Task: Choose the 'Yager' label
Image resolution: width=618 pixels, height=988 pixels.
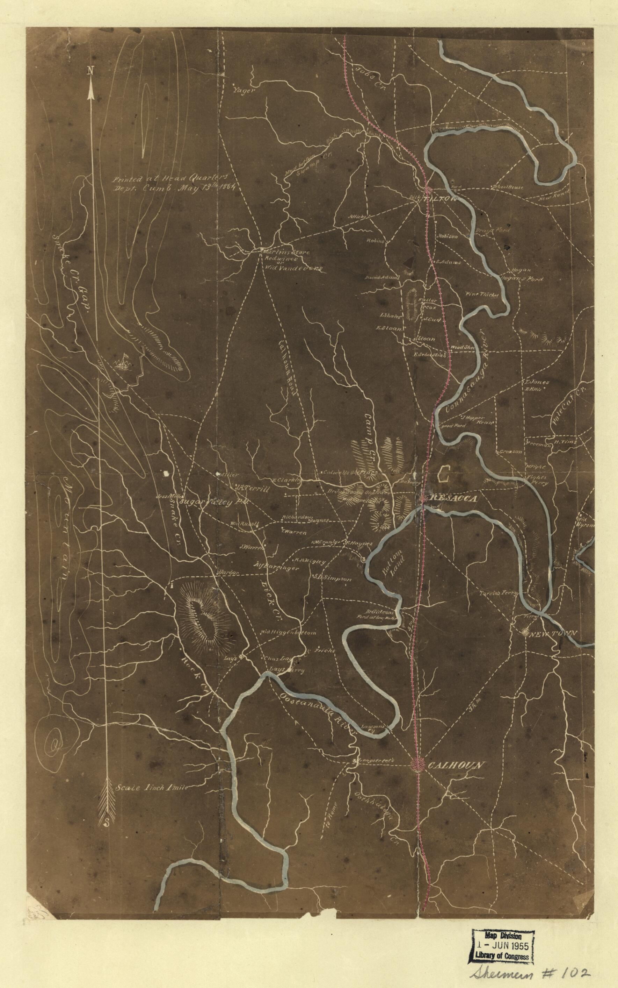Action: (x=243, y=91)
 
